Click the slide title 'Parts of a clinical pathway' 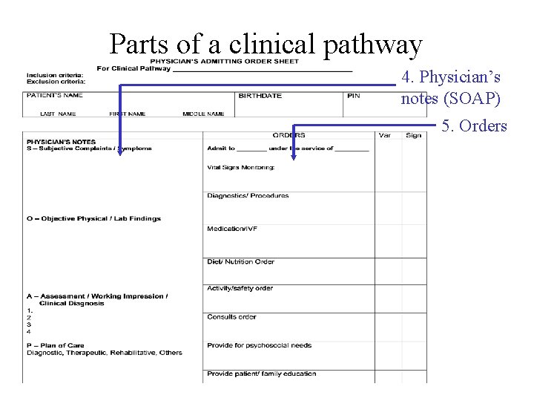click(266, 45)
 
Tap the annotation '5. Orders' click(474, 125)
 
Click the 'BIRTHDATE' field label click(260, 96)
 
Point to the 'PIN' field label click(353, 96)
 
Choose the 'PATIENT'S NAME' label click(54, 95)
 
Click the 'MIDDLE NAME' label click(203, 114)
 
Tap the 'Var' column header click(385, 135)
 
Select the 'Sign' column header click(413, 135)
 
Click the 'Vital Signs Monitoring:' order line click(240, 167)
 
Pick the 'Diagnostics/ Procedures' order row click(248, 196)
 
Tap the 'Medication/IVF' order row click(232, 229)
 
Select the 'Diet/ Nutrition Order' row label click(240, 261)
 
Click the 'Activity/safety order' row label click(240, 288)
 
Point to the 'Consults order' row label click(231, 317)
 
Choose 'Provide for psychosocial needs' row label click(259, 345)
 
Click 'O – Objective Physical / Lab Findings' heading click(93, 218)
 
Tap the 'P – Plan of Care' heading click(57, 345)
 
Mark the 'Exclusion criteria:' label click(56, 80)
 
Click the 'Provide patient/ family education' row click(261, 374)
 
